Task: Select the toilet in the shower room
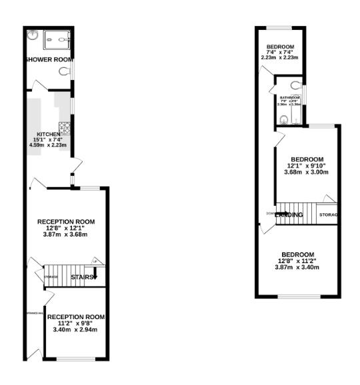pos(65,71)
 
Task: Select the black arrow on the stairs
pos(95,273)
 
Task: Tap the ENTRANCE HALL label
pos(34,312)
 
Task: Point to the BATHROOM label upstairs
pos(289,97)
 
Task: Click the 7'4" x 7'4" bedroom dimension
pos(280,52)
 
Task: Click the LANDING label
pos(289,214)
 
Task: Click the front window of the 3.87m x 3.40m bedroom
pos(297,296)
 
